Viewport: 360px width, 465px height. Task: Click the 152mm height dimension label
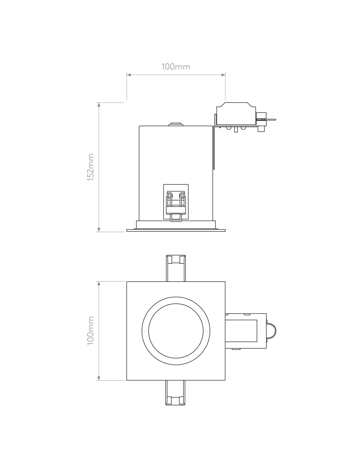(x=90, y=167)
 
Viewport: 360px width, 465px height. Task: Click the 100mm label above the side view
(x=176, y=67)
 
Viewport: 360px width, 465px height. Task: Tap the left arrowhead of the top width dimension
(x=129, y=75)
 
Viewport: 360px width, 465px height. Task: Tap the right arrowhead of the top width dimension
(x=223, y=75)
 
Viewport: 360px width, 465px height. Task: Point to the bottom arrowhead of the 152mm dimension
(x=99, y=230)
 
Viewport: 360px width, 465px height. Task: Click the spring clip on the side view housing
(x=176, y=206)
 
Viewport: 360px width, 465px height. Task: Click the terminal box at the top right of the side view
(x=236, y=113)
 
